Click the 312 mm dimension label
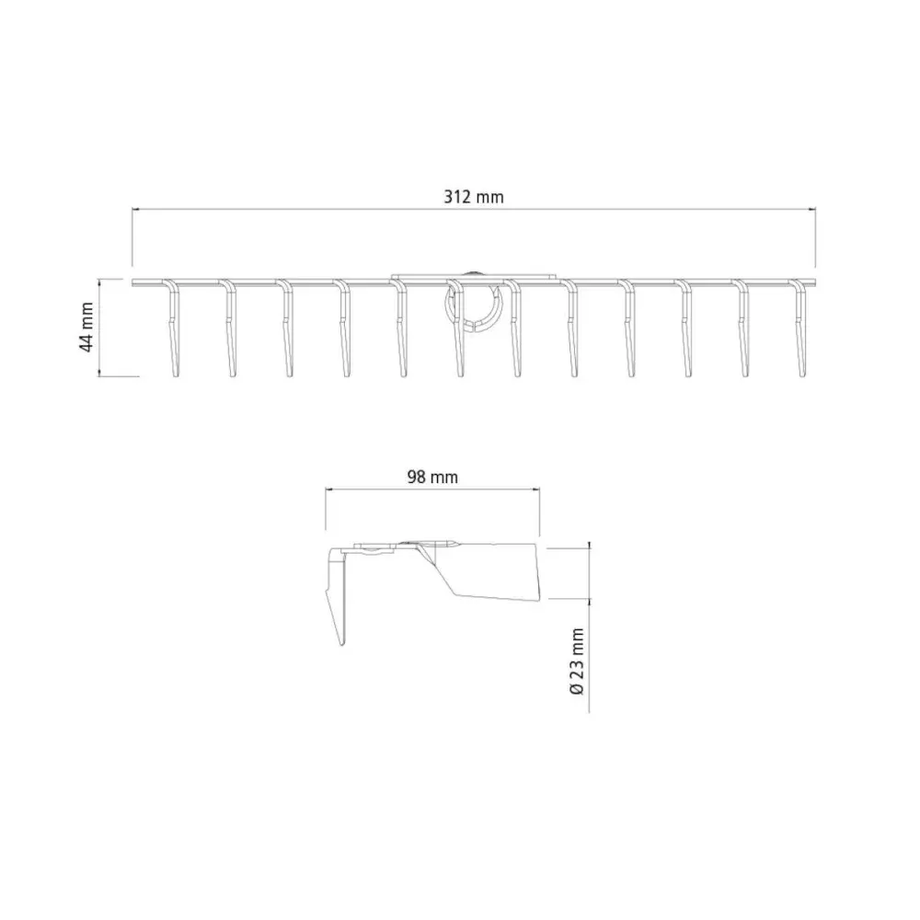tap(474, 197)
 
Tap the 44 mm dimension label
tap(86, 327)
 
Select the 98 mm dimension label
tap(432, 477)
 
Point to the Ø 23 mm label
tap(577, 661)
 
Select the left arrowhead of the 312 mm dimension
tap(135, 209)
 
